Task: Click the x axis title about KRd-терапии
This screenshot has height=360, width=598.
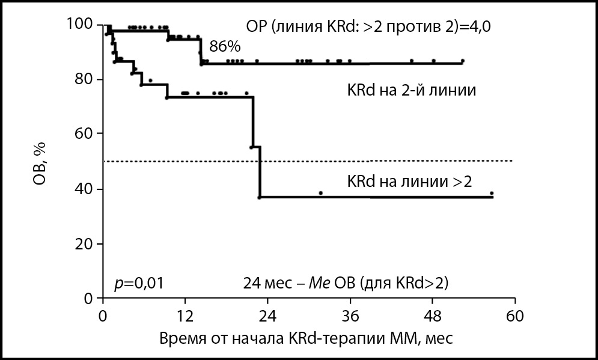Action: [307, 338]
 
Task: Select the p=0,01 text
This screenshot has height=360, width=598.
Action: [139, 282]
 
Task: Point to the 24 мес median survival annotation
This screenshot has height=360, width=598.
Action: [346, 282]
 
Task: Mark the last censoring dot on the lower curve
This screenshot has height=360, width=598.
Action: [492, 194]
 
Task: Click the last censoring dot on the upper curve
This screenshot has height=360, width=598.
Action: [462, 61]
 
